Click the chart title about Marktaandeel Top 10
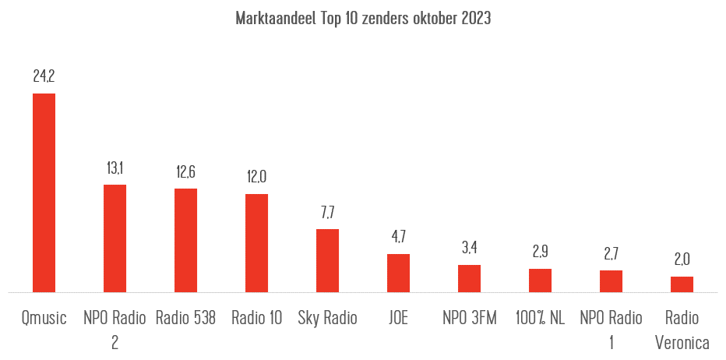363,19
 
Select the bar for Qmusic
44,192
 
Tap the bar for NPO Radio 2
115,238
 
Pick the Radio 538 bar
185,240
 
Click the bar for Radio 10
256,243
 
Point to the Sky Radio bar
327,260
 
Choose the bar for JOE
398,273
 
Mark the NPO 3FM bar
469,278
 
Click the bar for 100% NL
540,281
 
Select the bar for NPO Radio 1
611,281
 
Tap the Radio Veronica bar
682,284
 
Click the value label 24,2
44,76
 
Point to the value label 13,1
115,168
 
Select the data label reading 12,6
185,171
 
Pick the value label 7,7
327,212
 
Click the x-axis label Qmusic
44,318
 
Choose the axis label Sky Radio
327,318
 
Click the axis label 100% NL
540,318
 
